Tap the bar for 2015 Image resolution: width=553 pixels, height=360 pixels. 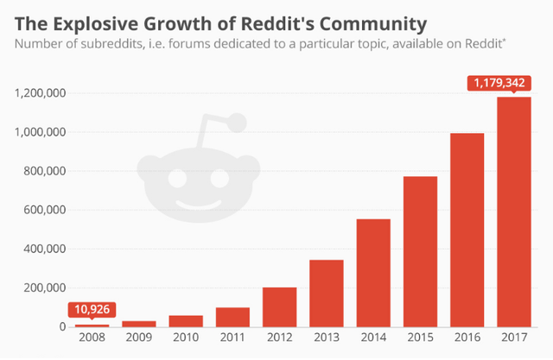pyautogui.click(x=420, y=251)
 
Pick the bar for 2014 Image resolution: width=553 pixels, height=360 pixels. pyautogui.click(x=373, y=273)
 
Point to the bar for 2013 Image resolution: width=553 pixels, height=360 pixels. pyautogui.click(x=327, y=293)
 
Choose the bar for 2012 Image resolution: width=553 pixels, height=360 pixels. pyautogui.click(x=280, y=306)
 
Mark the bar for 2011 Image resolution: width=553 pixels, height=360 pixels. pyautogui.click(x=233, y=317)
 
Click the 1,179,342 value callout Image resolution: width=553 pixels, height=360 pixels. pyautogui.click(x=503, y=84)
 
